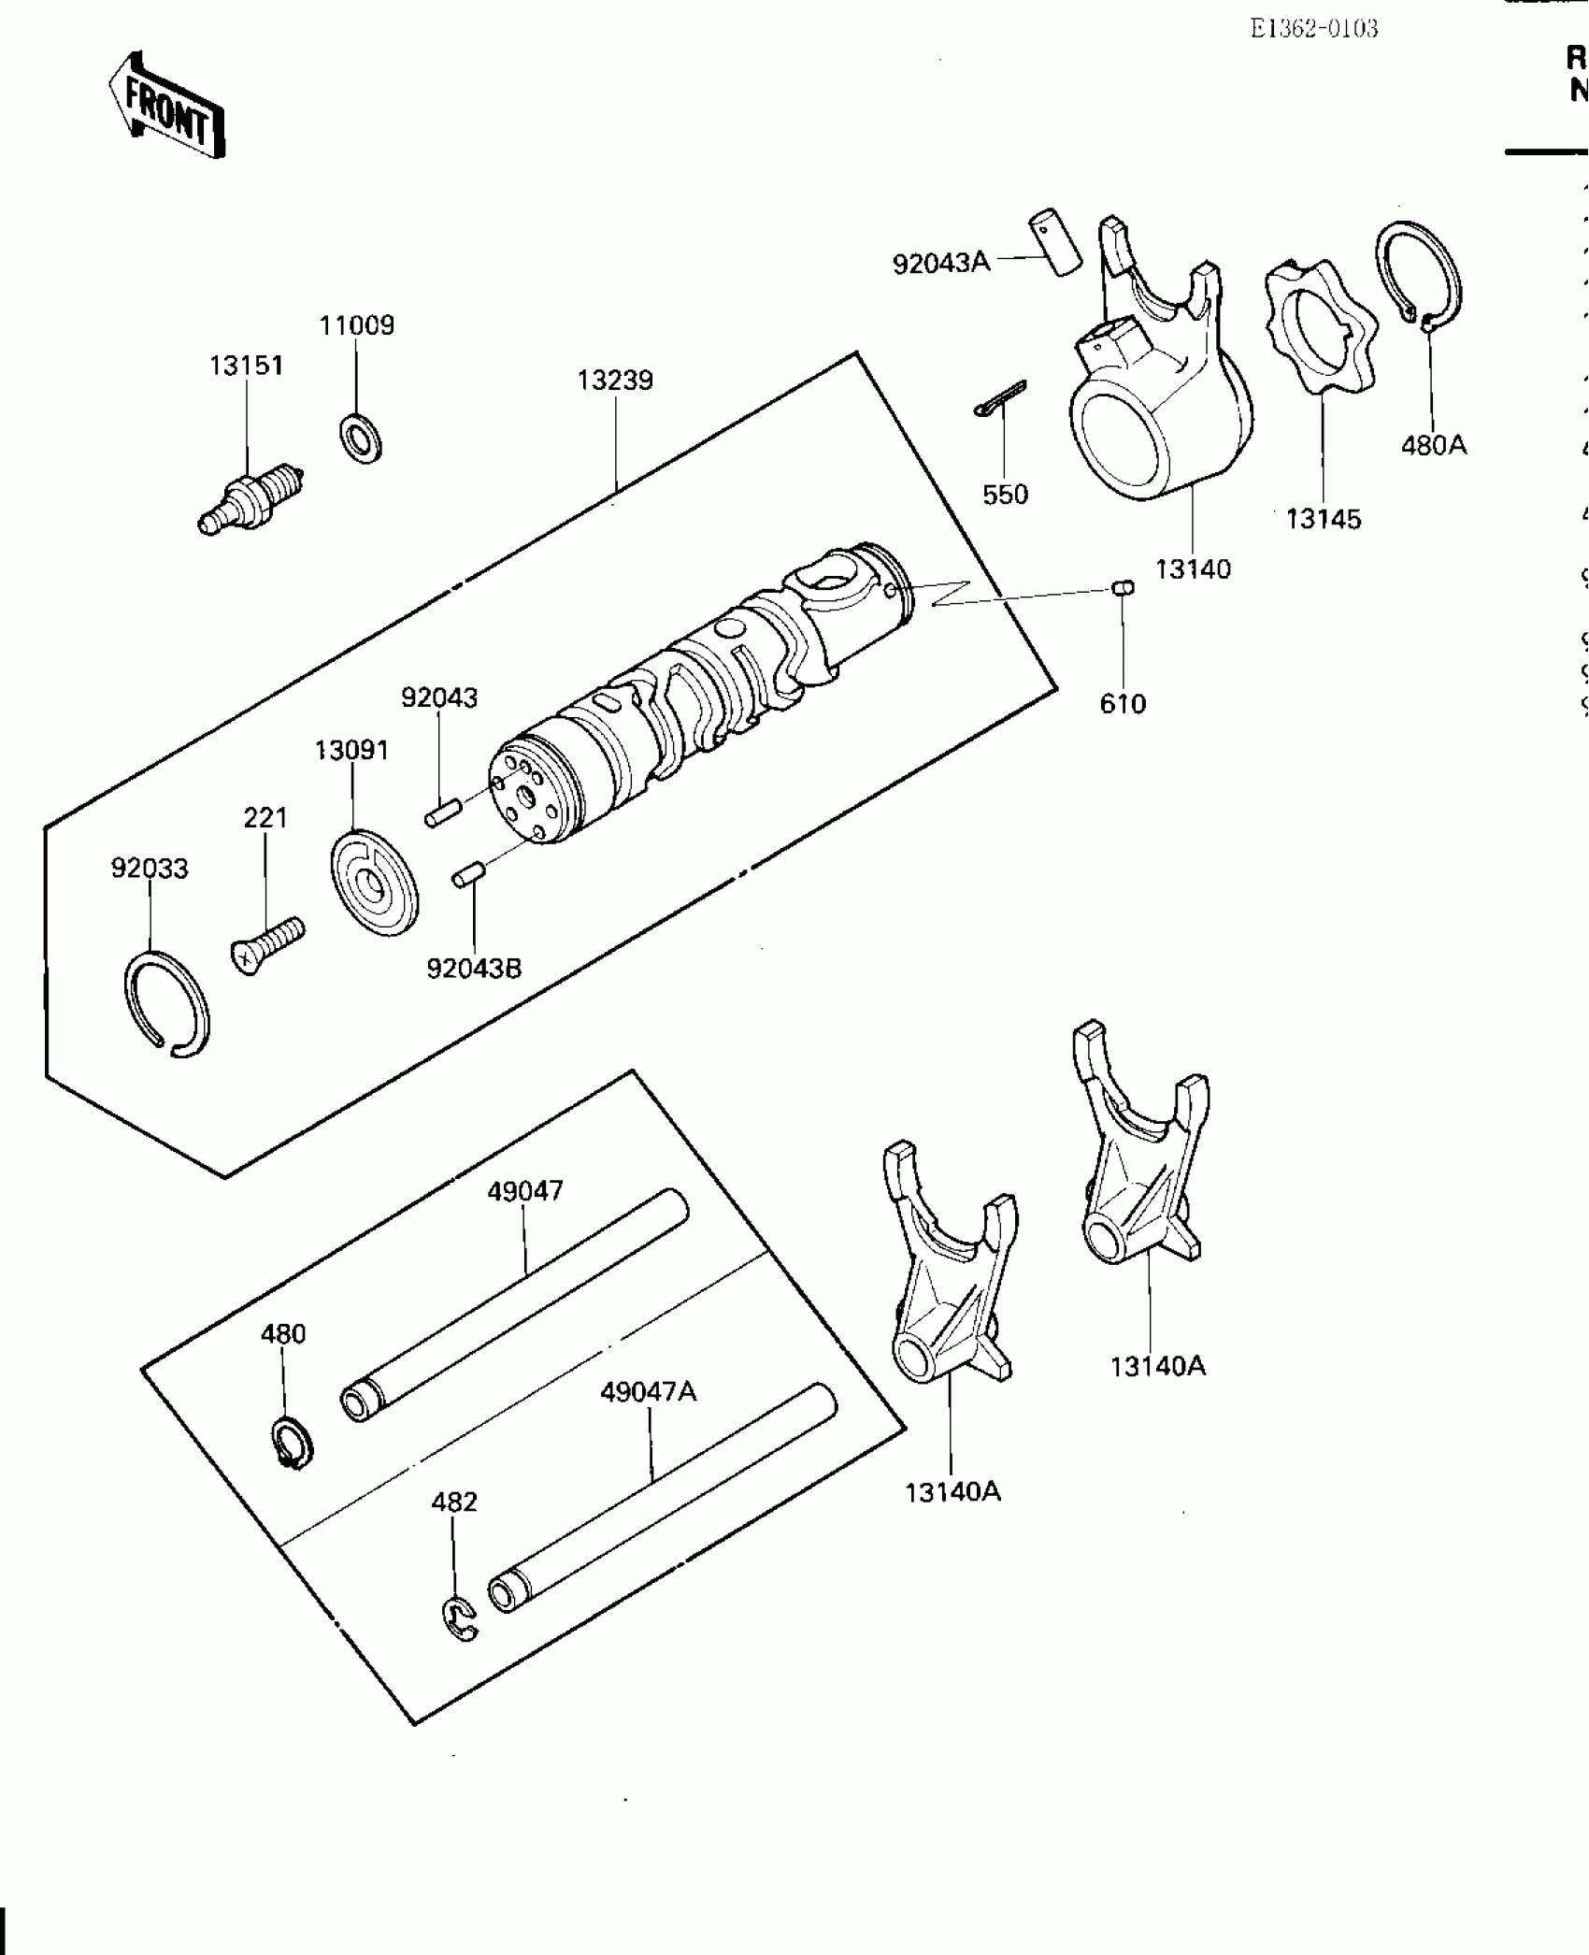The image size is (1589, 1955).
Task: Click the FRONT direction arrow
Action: (x=166, y=106)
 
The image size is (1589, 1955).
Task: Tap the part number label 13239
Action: (x=614, y=381)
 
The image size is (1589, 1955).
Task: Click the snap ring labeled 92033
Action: (x=167, y=1002)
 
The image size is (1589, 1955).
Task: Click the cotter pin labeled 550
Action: (x=999, y=399)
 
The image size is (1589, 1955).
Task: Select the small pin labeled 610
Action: (x=1123, y=587)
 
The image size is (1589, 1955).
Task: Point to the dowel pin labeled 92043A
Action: (x=1054, y=244)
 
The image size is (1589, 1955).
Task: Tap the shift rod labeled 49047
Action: (x=514, y=1306)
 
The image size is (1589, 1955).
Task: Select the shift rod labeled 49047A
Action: (x=663, y=1496)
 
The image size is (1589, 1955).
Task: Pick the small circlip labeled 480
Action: (x=293, y=1445)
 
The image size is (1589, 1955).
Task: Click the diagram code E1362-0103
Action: (x=1313, y=29)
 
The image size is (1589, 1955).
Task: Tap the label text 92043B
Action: (x=474, y=969)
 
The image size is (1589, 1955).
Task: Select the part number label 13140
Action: (x=1193, y=568)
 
